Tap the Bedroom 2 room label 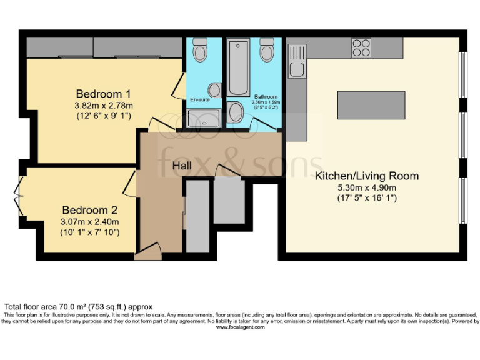pyautogui.click(x=89, y=211)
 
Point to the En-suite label pyautogui.click(x=200, y=99)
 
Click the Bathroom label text pyautogui.click(x=266, y=97)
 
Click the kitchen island pyautogui.click(x=371, y=105)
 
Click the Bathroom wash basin pyautogui.click(x=236, y=112)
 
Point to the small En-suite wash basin pyautogui.click(x=214, y=89)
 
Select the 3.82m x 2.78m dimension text pyautogui.click(x=103, y=106)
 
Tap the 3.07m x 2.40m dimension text pyautogui.click(x=89, y=222)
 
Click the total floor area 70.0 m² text pyautogui.click(x=79, y=307)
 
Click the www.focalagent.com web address pyautogui.click(x=240, y=327)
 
